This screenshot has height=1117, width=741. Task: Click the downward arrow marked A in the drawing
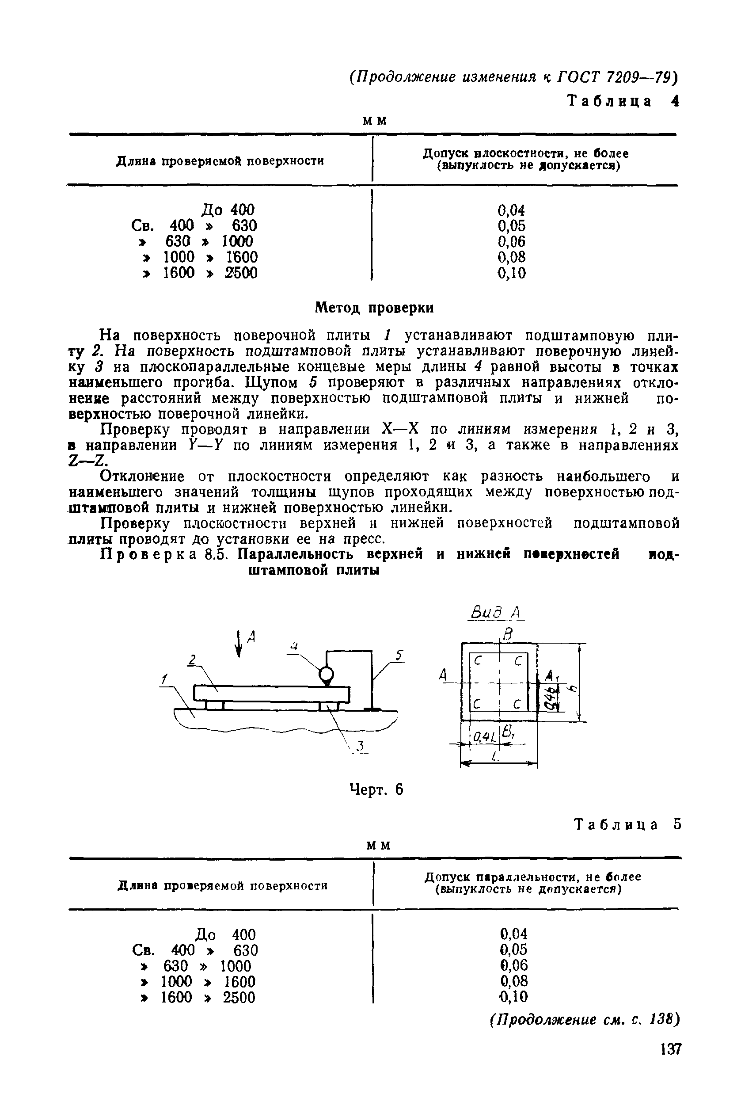click(239, 644)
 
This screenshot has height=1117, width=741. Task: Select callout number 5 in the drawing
click(399, 656)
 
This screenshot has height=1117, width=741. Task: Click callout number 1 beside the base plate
click(163, 679)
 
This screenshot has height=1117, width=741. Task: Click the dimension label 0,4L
click(481, 736)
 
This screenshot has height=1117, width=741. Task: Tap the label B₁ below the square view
click(509, 732)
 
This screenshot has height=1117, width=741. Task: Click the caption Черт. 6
click(376, 789)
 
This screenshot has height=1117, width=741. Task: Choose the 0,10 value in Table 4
click(511, 273)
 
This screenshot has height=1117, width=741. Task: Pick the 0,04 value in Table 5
click(513, 934)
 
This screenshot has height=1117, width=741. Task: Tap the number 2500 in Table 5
click(239, 997)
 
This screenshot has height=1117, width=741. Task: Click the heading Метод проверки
click(374, 308)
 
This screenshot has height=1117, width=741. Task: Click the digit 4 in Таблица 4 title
click(674, 101)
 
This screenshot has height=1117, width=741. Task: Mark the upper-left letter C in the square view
click(477, 662)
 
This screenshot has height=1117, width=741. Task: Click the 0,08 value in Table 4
click(511, 257)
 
